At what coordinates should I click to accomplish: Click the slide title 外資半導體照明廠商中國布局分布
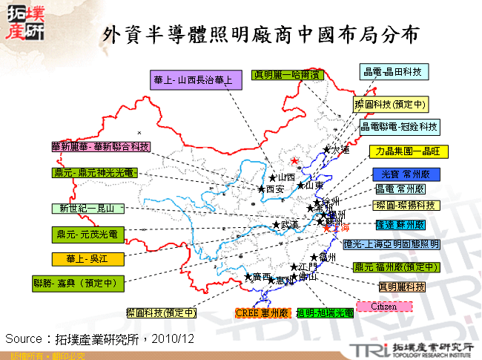click(x=261, y=33)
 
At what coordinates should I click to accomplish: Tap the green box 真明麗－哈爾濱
click(x=287, y=75)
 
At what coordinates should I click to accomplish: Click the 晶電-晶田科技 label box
click(x=393, y=71)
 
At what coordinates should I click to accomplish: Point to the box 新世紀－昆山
click(x=88, y=209)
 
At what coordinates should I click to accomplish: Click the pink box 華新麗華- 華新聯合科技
click(x=100, y=147)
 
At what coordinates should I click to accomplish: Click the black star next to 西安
click(x=261, y=189)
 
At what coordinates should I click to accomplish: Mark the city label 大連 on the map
click(x=340, y=150)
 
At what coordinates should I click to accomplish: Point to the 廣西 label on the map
click(x=261, y=277)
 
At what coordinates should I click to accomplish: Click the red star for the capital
click(x=294, y=161)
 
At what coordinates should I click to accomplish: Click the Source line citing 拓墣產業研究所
click(x=100, y=338)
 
